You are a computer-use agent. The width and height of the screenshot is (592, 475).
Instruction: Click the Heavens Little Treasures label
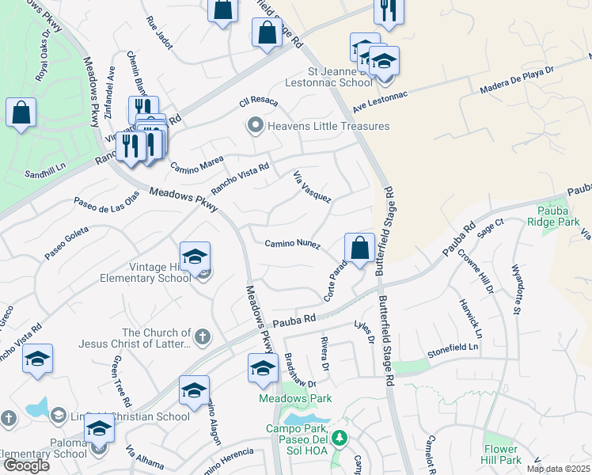(x=328, y=126)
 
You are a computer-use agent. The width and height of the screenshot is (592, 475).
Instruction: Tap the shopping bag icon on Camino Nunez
(x=359, y=248)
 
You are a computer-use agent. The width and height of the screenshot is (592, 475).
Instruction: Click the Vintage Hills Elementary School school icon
(x=195, y=256)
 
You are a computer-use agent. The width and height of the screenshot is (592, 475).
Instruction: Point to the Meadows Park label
(x=295, y=398)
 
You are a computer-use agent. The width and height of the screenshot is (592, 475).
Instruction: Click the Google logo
(x=26, y=465)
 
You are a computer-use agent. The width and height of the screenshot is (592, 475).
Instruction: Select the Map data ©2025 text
(x=558, y=469)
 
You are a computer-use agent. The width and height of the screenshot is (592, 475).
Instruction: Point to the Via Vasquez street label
(x=312, y=186)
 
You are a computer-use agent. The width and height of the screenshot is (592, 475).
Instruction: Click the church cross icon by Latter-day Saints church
(x=202, y=336)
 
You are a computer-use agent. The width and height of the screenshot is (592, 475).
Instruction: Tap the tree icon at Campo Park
(x=339, y=437)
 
